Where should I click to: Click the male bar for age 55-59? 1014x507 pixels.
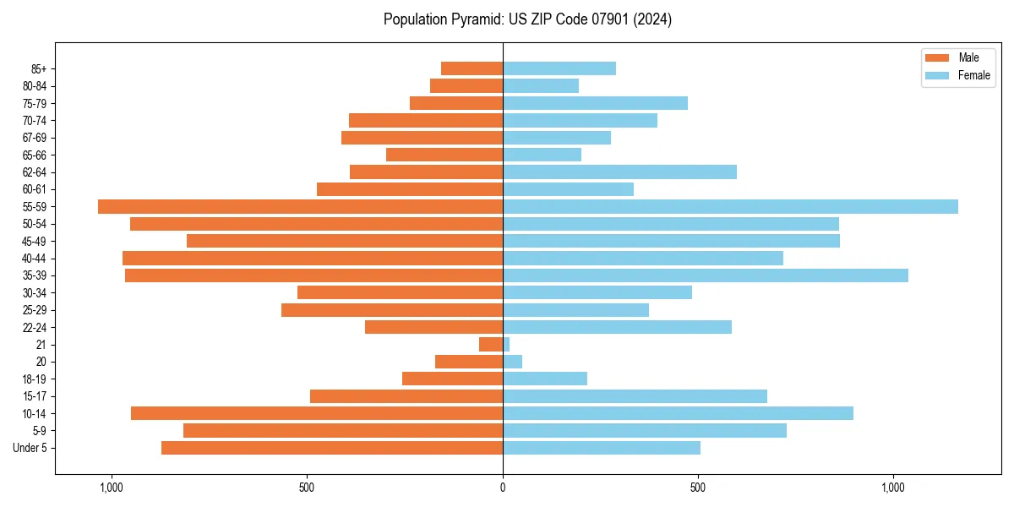coord(300,207)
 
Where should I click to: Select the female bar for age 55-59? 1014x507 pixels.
coord(730,207)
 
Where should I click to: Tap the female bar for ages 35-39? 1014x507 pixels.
coord(706,275)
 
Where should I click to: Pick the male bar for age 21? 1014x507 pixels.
coord(491,345)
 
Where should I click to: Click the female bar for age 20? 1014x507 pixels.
coord(512,362)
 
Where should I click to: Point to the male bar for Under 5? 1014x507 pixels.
coord(332,448)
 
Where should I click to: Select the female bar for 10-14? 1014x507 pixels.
coord(678,413)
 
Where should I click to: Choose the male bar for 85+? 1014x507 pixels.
coord(472,68)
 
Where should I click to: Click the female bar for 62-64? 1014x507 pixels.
coord(619,172)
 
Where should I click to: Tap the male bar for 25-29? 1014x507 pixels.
coord(392,310)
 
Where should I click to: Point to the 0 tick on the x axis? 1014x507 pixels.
coord(503,488)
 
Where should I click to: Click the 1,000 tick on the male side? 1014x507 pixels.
coord(112,488)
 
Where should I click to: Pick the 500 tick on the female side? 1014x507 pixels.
coord(697,488)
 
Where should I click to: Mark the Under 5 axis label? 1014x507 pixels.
coord(30,448)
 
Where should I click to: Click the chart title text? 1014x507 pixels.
coord(527,19)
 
